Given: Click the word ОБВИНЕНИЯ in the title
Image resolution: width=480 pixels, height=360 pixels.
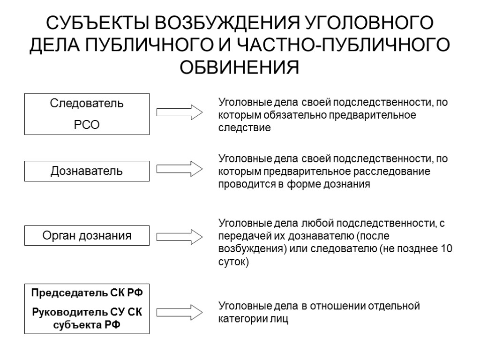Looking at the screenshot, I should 240,67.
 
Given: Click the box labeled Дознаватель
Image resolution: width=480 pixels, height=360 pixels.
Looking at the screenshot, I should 87,171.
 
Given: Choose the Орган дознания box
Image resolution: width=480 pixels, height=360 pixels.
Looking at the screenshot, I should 87,236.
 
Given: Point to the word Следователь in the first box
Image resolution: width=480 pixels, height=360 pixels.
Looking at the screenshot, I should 87,104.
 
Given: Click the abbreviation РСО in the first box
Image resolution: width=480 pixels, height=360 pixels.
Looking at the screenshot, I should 87,125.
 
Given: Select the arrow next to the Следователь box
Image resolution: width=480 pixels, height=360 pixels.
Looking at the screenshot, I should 179,113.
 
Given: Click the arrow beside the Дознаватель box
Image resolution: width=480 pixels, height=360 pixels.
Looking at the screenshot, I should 179,169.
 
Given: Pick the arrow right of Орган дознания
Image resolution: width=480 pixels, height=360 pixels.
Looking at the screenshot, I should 179,236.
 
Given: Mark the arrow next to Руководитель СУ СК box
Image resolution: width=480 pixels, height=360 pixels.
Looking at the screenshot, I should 179,312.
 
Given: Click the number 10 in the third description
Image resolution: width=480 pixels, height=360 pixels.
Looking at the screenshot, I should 447,248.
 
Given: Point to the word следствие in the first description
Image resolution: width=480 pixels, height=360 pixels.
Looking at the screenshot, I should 244,127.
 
